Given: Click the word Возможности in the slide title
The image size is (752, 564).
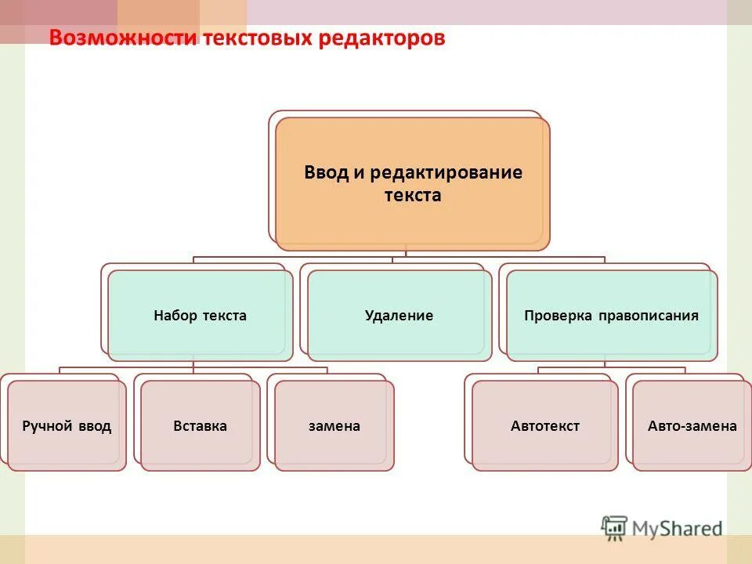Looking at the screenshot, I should pyautogui.click(x=123, y=38).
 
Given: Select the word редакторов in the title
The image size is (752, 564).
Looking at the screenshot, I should pyautogui.click(x=381, y=38).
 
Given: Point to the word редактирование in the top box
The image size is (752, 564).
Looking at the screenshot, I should pyautogui.click(x=446, y=172).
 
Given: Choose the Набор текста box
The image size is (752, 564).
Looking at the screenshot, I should pyautogui.click(x=200, y=316).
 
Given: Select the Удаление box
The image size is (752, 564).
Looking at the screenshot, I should pyautogui.click(x=399, y=316).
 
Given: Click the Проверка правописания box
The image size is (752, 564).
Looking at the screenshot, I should pyautogui.click(x=611, y=316).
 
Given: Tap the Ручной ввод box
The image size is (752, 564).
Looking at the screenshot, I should pyautogui.click(x=67, y=426).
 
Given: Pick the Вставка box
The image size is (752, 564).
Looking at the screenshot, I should pyautogui.click(x=200, y=426).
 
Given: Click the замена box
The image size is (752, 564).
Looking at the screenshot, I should pyautogui.click(x=334, y=426).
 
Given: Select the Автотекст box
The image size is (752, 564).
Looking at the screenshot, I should pyautogui.click(x=544, y=426).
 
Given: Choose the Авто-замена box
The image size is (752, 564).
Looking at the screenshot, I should pyautogui.click(x=692, y=426).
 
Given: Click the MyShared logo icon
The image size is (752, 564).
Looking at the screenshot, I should pyautogui.click(x=614, y=527).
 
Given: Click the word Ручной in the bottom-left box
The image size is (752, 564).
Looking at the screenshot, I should pyautogui.click(x=47, y=426).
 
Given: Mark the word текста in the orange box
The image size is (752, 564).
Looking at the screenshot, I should pyautogui.click(x=412, y=196).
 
